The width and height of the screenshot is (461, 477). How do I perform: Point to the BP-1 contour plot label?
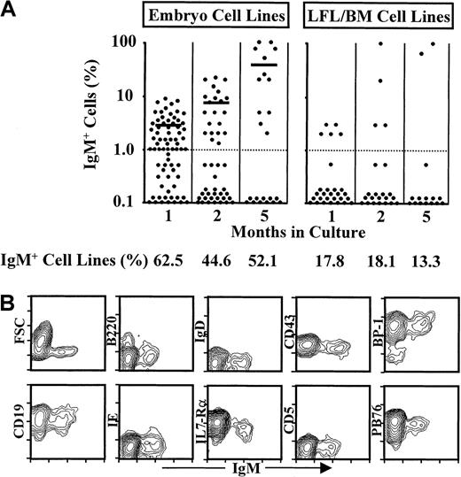375,343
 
